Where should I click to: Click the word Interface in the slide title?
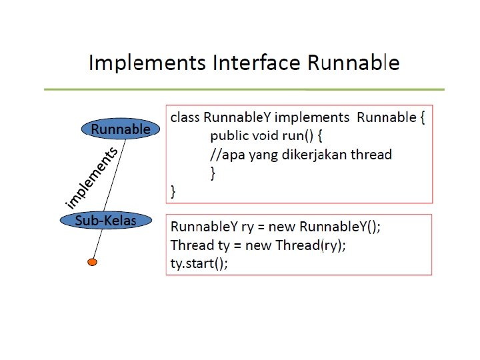257,63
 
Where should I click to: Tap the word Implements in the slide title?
147,63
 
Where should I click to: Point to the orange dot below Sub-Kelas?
93,262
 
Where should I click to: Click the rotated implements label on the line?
92,177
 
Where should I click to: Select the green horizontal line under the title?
243,89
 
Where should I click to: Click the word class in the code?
185,118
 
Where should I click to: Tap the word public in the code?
229,136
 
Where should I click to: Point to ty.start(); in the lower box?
199,263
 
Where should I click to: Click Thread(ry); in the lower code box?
314,245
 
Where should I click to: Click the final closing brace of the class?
174,192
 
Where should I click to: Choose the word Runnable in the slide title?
353,63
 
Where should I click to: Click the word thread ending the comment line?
373,155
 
